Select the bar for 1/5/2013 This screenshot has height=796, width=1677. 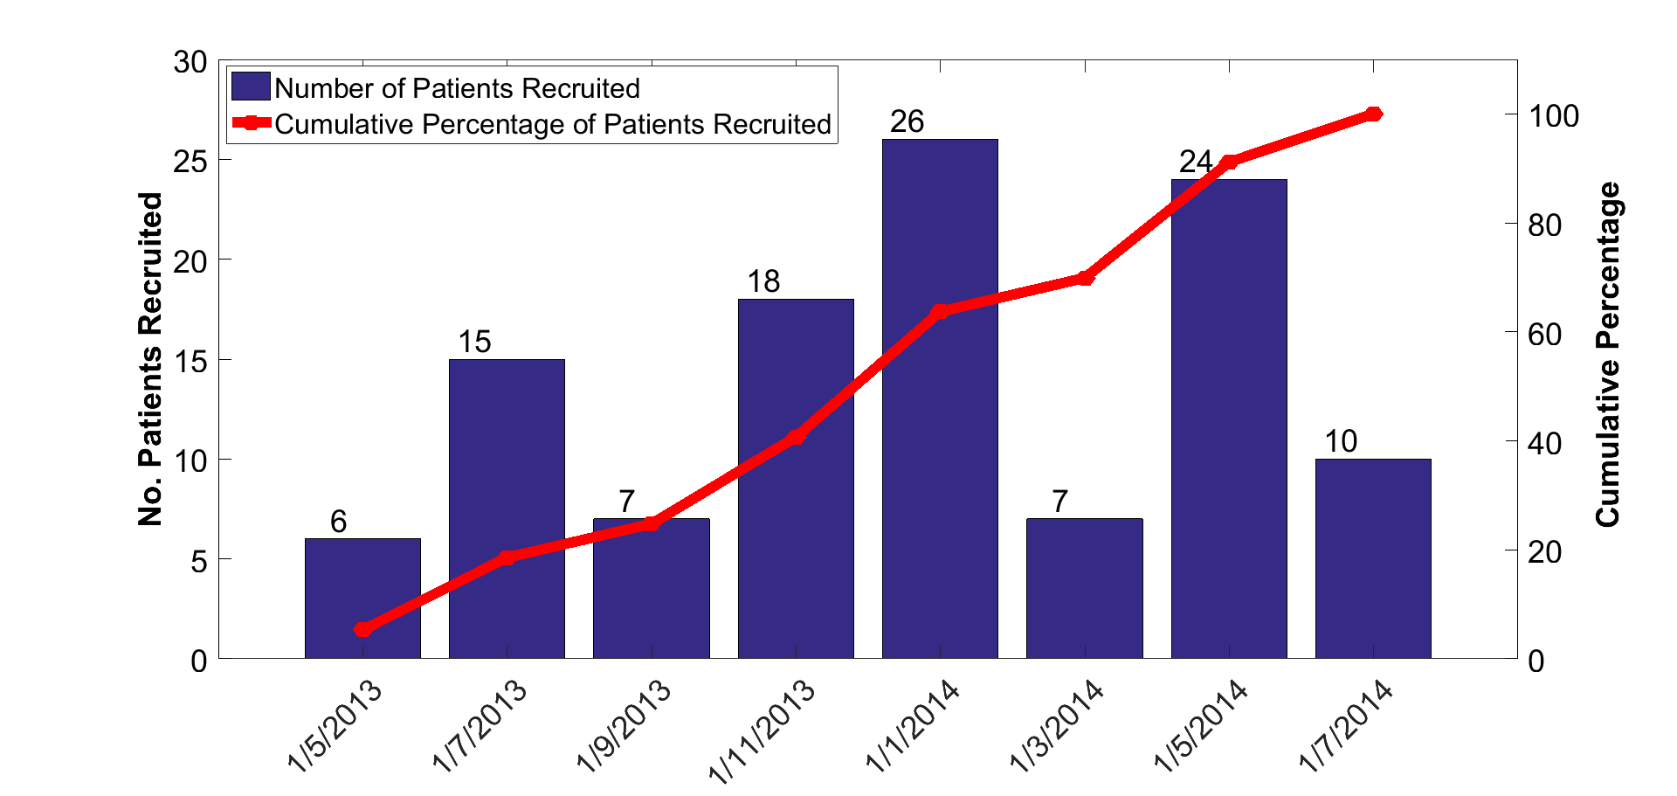pos(362,598)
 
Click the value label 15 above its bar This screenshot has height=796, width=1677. pos(475,342)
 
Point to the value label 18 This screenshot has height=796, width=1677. pos(763,281)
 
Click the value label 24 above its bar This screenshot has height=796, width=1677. pos(1195,162)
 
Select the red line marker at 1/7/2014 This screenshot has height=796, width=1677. pos(1373,114)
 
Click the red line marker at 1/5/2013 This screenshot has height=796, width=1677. pos(362,629)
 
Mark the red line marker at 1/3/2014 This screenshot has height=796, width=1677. pos(1085,278)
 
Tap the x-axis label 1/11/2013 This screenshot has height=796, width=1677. pos(762,730)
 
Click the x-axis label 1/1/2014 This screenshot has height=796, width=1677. pos(913,725)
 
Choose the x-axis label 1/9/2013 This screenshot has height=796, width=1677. pos(624,725)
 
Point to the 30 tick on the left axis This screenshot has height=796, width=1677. pos(190,62)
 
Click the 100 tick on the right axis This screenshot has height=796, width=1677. pos(1553,116)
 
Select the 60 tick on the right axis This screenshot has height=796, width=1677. pos(1544,334)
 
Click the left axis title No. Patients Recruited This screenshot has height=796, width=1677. pos(150,359)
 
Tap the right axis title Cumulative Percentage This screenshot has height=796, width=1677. pos(1607,354)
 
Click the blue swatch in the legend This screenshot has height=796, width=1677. pos(251,87)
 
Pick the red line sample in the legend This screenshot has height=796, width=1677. pos(251,123)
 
